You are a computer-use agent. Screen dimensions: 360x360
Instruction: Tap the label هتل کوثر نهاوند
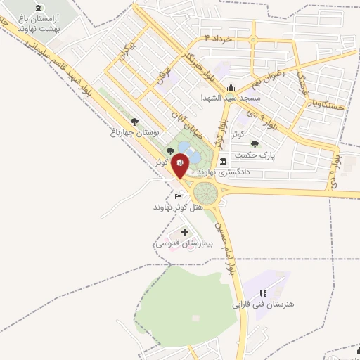pyautogui.click(x=179, y=207)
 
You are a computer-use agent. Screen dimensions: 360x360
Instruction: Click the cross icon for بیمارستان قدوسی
pyautogui.click(x=184, y=232)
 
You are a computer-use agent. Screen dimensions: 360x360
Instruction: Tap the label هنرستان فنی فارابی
pyautogui.click(x=264, y=305)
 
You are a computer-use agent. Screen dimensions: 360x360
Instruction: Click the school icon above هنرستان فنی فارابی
pyautogui.click(x=263, y=293)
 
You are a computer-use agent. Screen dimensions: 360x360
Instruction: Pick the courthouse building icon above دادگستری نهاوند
pyautogui.click(x=223, y=160)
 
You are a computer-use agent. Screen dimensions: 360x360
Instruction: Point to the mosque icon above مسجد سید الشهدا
pyautogui.click(x=234, y=86)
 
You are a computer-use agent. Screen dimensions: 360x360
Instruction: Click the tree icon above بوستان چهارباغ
pyautogui.click(x=134, y=121)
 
